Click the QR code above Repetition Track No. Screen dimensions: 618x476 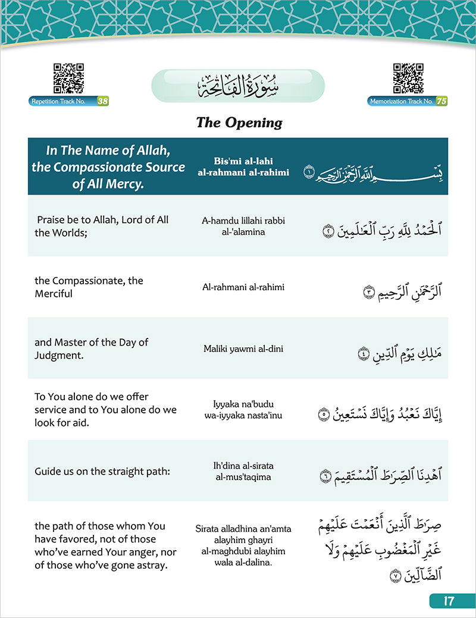click(68, 79)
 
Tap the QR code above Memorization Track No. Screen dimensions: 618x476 click(408, 79)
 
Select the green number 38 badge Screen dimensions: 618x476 click(103, 101)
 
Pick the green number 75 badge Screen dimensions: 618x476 click(441, 101)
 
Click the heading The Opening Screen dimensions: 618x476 click(239, 123)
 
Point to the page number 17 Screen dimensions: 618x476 click(449, 601)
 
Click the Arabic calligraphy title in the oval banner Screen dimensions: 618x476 click(238, 87)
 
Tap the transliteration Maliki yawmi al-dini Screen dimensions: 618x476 click(242, 349)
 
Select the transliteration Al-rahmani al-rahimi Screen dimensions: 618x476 click(243, 287)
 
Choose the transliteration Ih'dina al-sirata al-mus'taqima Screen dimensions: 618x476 click(242, 471)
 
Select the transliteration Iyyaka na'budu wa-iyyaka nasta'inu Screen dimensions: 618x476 click(242, 409)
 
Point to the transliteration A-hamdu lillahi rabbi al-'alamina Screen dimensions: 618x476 click(242, 226)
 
